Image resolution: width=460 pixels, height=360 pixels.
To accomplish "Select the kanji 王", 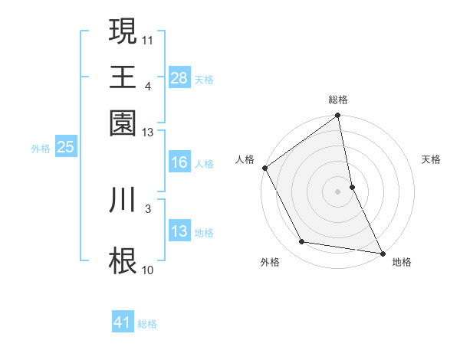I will pyautogui.click(x=123, y=77).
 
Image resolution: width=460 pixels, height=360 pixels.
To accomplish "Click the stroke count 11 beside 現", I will pyautogui.click(x=149, y=38).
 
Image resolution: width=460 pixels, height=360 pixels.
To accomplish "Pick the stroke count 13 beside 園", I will pyautogui.click(x=149, y=132).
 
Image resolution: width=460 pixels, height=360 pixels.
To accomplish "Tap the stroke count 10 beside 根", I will pyautogui.click(x=149, y=270).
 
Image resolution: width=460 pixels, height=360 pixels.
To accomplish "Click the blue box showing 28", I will pyautogui.click(x=179, y=77).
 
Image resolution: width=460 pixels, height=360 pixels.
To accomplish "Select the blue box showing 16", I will pyautogui.click(x=179, y=162).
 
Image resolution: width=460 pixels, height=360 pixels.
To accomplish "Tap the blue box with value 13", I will pyautogui.click(x=179, y=231).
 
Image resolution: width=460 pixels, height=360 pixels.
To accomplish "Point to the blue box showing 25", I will pyautogui.click(x=65, y=147).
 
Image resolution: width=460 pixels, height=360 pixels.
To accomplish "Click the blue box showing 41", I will pyautogui.click(x=123, y=322).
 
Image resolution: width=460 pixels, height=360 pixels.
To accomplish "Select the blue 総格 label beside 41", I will pyautogui.click(x=147, y=324).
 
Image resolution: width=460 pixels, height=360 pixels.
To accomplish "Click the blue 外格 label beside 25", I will pyautogui.click(x=41, y=149).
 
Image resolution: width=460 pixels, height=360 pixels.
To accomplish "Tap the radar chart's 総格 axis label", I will pyautogui.click(x=338, y=100).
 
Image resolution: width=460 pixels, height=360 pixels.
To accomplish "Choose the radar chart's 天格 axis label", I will pyautogui.click(x=432, y=159).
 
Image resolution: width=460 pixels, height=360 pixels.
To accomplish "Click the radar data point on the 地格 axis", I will pyautogui.click(x=382, y=252).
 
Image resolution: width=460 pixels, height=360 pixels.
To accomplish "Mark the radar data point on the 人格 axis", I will pyautogui.click(x=265, y=168).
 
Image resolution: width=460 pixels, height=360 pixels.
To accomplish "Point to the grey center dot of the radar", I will pyautogui.click(x=338, y=191).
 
